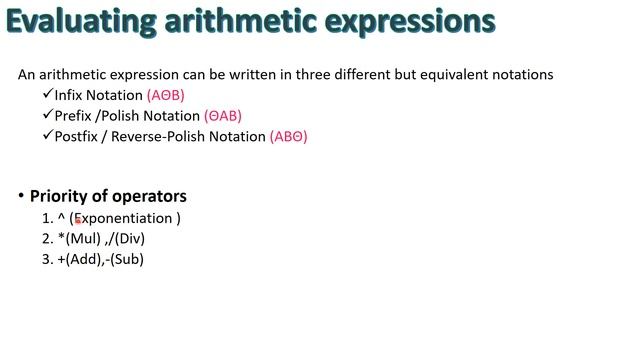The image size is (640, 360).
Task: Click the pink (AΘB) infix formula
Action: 165,96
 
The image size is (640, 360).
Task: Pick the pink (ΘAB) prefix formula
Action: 222,116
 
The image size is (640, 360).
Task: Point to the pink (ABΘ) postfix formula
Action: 288,137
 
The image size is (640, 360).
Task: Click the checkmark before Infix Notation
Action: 47,95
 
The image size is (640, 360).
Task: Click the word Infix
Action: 71,96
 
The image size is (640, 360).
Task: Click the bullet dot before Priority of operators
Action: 21,196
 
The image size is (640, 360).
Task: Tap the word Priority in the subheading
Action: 59,197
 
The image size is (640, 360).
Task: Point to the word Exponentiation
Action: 126,218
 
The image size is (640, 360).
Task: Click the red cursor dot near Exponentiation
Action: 78,221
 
